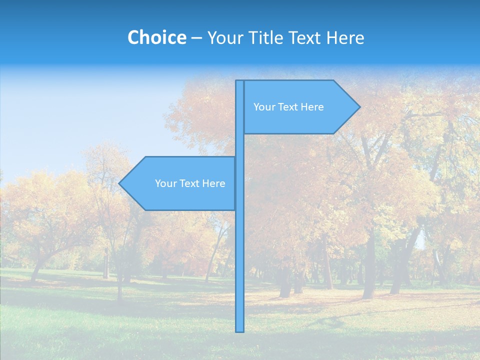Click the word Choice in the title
pyautogui.click(x=156, y=37)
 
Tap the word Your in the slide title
pyautogui.click(x=224, y=37)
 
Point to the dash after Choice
pyautogui.click(x=196, y=38)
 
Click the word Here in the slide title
pyautogui.click(x=345, y=37)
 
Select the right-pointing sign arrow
pyautogui.click(x=300, y=107)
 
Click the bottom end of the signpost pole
pyautogui.click(x=240, y=330)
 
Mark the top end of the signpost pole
pyautogui.click(x=240, y=82)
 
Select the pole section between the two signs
pyautogui.click(x=240, y=145)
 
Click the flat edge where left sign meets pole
pyautogui.click(x=235, y=183)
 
